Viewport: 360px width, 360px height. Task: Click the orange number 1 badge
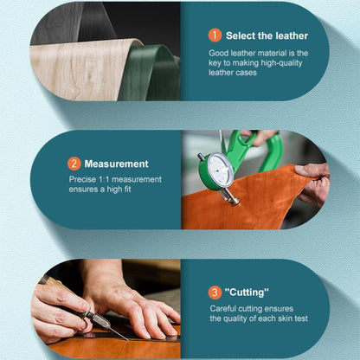(x=215, y=35)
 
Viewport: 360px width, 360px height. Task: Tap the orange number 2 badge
(x=74, y=164)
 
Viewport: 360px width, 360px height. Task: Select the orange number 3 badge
(x=215, y=292)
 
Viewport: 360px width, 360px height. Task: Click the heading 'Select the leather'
(x=267, y=35)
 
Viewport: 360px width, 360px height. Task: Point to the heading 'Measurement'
(x=116, y=164)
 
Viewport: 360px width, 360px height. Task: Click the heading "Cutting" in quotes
(x=247, y=292)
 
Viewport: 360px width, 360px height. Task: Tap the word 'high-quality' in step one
(x=281, y=63)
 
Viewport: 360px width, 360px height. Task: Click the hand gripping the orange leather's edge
(x=313, y=184)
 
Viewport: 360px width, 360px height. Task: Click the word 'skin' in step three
(x=286, y=318)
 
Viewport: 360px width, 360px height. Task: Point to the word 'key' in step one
(x=215, y=63)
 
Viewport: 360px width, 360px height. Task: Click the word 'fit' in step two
(x=127, y=190)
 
